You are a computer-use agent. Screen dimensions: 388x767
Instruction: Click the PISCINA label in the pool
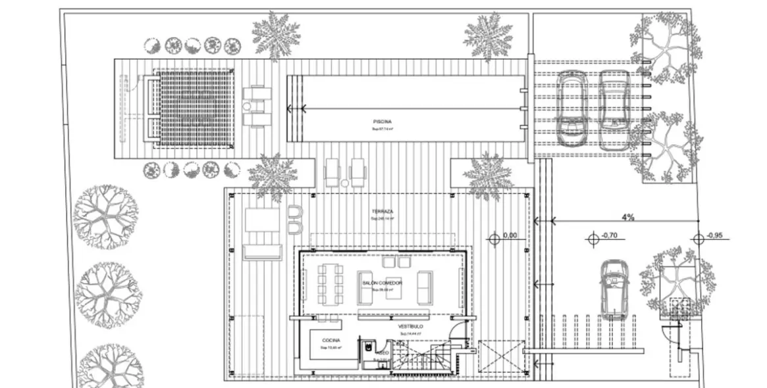click(x=382, y=121)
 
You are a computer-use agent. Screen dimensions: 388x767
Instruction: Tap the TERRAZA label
click(x=382, y=210)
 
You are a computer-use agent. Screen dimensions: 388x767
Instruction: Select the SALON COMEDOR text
click(x=382, y=282)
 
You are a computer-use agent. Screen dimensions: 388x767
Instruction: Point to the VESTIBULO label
click(x=411, y=326)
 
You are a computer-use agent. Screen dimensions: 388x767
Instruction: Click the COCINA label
click(x=331, y=340)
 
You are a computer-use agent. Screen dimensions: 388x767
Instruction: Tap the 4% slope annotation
click(x=627, y=218)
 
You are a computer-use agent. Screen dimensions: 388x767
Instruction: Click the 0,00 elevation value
click(x=510, y=235)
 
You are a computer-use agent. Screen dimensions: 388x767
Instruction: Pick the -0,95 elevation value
click(x=715, y=235)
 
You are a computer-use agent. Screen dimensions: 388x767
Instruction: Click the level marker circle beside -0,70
click(x=594, y=241)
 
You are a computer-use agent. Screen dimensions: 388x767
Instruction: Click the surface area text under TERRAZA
click(x=382, y=218)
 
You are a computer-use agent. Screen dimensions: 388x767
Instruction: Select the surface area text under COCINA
click(x=331, y=347)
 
